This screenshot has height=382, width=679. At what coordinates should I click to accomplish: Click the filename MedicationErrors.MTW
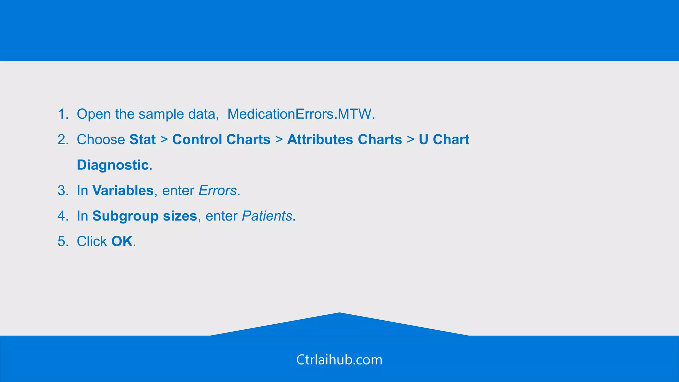tap(301, 114)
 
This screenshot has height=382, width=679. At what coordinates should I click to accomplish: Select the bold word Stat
tap(143, 140)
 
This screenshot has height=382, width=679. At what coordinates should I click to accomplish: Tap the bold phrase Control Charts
tap(221, 140)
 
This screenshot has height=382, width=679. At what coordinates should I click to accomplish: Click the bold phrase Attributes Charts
tap(344, 140)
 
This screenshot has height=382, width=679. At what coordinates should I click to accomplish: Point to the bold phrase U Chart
tap(444, 140)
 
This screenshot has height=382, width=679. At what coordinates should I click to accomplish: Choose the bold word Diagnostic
tap(113, 165)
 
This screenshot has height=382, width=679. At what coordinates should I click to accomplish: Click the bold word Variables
tap(123, 191)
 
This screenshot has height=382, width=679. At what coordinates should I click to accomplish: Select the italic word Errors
tap(217, 191)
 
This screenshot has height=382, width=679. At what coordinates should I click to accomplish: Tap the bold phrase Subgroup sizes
tap(145, 216)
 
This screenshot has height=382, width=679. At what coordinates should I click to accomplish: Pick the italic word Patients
tap(267, 216)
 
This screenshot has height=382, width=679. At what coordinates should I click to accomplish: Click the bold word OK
tap(122, 241)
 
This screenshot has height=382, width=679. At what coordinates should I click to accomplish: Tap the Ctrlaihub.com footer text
tap(339, 360)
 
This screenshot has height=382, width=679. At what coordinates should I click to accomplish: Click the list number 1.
tap(62, 114)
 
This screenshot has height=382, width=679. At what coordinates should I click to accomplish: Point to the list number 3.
tap(62, 191)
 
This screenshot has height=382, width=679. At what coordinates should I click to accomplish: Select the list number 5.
tap(62, 241)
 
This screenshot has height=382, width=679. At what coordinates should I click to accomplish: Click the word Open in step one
tap(94, 114)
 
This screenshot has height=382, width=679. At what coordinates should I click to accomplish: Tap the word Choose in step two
tap(101, 140)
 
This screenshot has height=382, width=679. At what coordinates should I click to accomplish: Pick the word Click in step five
tap(92, 241)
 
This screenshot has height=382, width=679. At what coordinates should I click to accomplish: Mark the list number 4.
tap(62, 216)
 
